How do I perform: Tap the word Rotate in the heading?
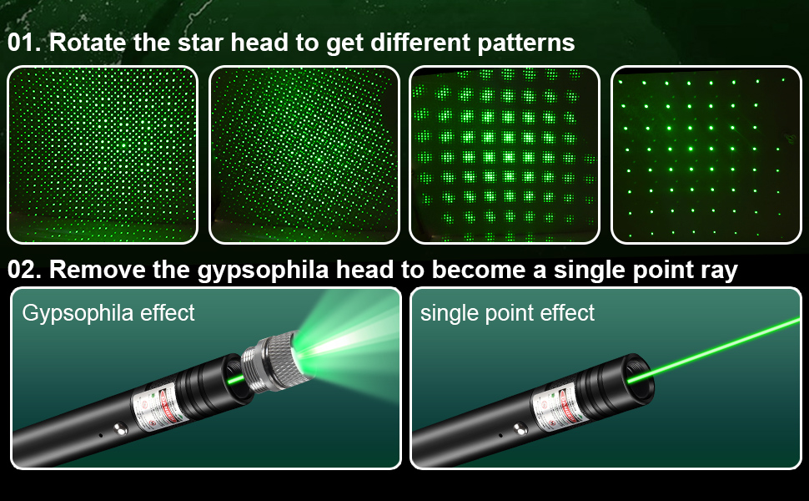coord(88,43)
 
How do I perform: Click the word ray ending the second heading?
coord(718,271)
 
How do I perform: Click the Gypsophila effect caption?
coord(108,314)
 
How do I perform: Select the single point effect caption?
coord(507,314)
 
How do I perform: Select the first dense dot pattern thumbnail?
coord(103,154)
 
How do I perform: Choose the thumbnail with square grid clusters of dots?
coord(505,154)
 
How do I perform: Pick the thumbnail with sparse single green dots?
coord(706,154)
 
